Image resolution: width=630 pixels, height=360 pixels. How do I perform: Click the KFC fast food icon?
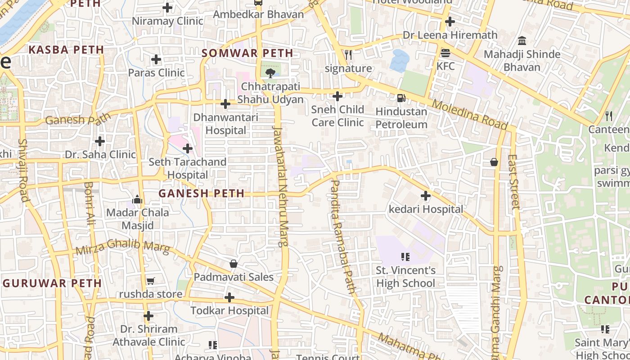(x=445, y=53)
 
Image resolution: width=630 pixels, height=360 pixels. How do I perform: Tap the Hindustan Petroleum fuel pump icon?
(x=400, y=98)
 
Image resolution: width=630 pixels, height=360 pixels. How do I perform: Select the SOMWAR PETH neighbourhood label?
(x=247, y=53)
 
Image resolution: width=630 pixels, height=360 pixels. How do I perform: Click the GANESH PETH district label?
(x=201, y=193)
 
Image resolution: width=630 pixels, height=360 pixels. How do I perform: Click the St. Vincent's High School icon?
(x=405, y=257)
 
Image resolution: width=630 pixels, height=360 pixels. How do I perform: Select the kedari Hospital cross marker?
(x=425, y=196)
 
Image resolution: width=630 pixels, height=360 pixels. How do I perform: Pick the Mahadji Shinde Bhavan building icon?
(x=522, y=41)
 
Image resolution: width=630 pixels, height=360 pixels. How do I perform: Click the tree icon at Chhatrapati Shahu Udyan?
(x=270, y=73)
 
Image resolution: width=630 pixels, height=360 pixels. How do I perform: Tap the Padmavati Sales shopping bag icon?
(x=233, y=264)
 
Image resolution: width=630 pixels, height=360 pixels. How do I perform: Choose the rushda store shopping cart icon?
(x=150, y=281)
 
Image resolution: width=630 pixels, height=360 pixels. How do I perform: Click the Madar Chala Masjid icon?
(x=137, y=199)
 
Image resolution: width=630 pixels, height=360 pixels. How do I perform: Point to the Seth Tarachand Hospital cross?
(x=188, y=148)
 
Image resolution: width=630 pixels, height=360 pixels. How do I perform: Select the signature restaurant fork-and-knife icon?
(x=348, y=55)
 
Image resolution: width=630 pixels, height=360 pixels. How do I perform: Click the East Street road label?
(x=513, y=182)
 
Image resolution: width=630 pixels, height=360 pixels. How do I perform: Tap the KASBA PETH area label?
(x=66, y=50)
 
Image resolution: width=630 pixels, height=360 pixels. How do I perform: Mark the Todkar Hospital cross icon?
(x=229, y=297)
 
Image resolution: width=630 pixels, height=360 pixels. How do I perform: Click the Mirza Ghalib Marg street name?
(x=122, y=247)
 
